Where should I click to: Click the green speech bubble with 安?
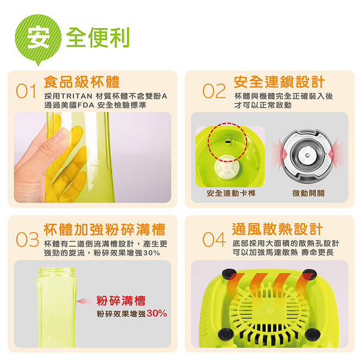tap(38, 39)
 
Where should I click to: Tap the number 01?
tap(26, 91)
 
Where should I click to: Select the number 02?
tap(214, 91)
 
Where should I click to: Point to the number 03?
tap(28, 239)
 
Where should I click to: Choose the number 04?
tap(214, 239)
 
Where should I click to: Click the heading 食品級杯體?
tap(82, 82)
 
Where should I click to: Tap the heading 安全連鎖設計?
tap(279, 82)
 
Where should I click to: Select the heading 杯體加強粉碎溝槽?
tap(104, 229)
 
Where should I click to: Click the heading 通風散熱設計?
tap(278, 229)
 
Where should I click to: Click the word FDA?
tap(86, 105)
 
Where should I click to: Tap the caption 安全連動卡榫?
tap(231, 193)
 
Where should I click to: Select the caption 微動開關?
tap(308, 193)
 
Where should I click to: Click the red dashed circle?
tap(208, 142)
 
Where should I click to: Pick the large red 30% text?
tap(157, 313)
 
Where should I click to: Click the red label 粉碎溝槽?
tap(121, 301)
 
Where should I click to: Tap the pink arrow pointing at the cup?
tap(85, 301)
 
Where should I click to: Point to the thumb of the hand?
tap(56, 140)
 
